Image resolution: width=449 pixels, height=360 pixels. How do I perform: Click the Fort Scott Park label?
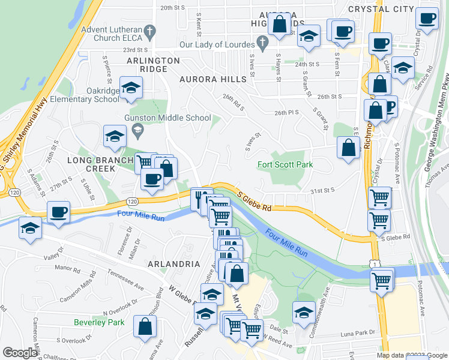(x=286, y=165)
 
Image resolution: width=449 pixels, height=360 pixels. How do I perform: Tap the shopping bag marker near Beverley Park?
(x=145, y=327)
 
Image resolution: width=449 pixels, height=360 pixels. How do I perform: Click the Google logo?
(x=20, y=353)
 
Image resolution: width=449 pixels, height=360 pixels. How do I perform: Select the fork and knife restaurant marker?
(x=202, y=198)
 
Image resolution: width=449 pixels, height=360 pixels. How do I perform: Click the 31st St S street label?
(x=321, y=191)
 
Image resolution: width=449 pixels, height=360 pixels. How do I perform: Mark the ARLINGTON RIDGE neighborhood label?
(x=152, y=65)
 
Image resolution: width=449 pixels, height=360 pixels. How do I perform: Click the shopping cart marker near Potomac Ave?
(x=381, y=280)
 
